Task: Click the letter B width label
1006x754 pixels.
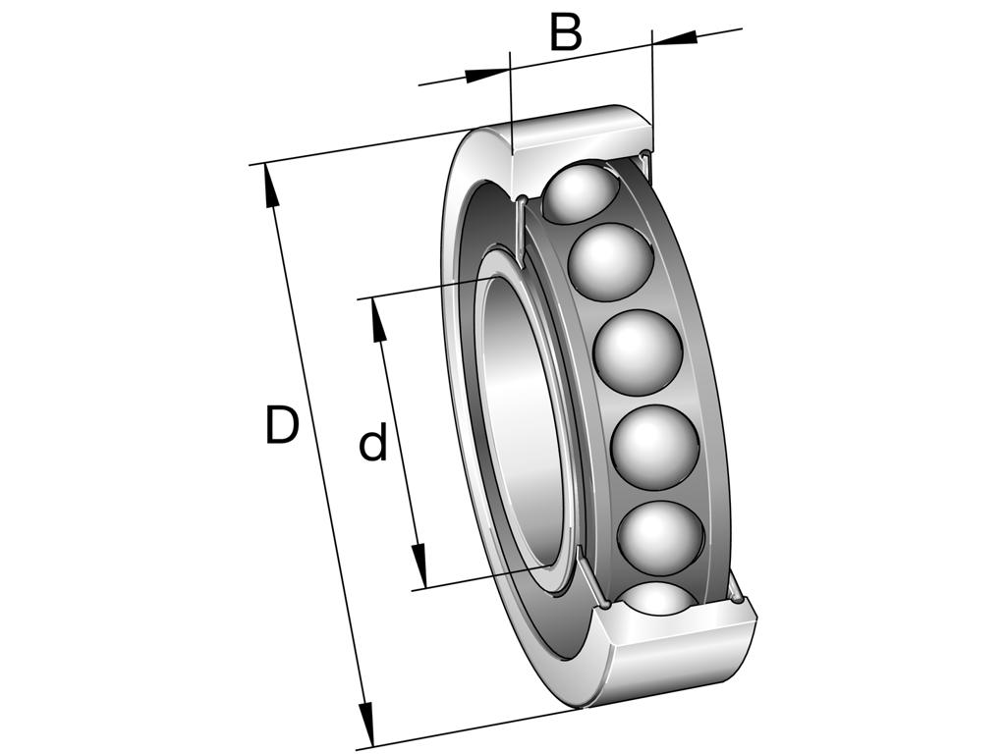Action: (x=566, y=32)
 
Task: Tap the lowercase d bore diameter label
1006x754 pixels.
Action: (x=372, y=445)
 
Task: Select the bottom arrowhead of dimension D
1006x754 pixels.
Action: (x=367, y=727)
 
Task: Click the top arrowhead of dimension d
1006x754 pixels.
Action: (x=378, y=318)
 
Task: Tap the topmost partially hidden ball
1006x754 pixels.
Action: (x=580, y=191)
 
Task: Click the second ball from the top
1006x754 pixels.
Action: (x=611, y=262)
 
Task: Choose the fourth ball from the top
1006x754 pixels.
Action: (x=653, y=447)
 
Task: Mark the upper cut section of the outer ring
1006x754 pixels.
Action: (x=580, y=132)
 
